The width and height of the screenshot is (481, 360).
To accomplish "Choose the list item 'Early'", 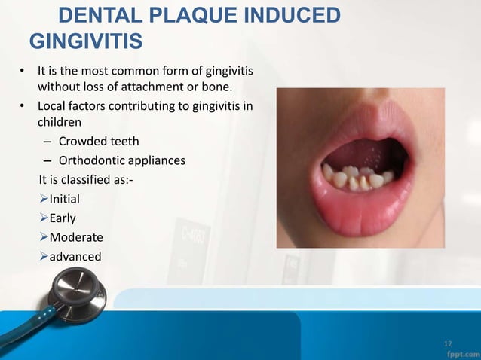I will [63, 218].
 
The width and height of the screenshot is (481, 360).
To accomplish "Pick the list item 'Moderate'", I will [76, 237].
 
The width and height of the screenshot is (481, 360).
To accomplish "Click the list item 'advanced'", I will [75, 257].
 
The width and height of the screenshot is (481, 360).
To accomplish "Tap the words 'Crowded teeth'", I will [97, 141].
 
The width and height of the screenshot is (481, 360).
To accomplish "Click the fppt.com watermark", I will [461, 352].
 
